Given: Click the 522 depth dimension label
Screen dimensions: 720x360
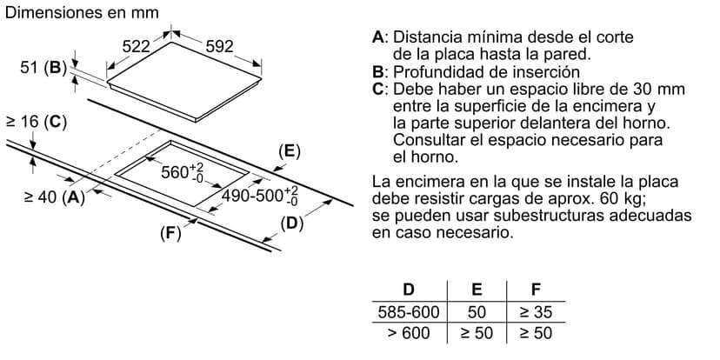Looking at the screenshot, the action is click(137, 46).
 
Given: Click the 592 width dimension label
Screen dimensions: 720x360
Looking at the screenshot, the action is click(219, 46).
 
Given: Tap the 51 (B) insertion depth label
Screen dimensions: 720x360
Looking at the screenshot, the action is click(41, 68).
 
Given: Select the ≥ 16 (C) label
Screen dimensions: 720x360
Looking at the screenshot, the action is click(36, 122).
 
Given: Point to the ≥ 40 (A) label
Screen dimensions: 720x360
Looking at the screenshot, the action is click(55, 197).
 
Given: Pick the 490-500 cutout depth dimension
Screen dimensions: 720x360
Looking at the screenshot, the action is click(260, 195).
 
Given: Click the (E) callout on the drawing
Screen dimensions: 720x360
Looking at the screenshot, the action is click(289, 152).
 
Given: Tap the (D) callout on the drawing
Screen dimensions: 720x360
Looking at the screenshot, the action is click(292, 224).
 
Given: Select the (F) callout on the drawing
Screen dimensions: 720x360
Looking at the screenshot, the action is click(170, 234).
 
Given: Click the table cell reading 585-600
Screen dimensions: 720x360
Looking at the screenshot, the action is click(409, 312).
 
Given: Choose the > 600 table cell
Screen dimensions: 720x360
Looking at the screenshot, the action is click(409, 332).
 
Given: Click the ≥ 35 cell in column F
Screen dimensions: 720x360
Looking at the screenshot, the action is click(536, 312).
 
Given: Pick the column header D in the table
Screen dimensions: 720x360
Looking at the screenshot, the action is click(408, 290).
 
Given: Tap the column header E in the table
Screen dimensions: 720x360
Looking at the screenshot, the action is click(477, 290).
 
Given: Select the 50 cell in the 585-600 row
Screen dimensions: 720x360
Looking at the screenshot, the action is click(477, 312).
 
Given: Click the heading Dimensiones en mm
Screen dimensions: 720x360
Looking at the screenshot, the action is click(82, 12).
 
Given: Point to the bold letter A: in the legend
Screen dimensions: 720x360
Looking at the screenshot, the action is click(381, 37).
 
